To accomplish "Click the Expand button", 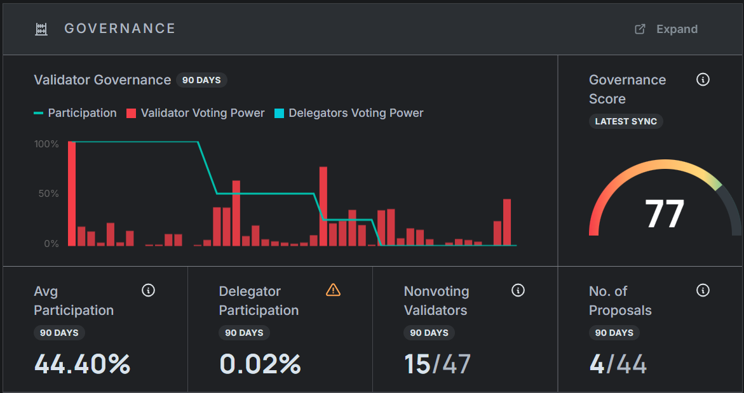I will (667, 29).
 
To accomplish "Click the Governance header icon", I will (41, 29).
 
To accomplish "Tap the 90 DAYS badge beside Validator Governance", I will (201, 80).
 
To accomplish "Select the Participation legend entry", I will (75, 113).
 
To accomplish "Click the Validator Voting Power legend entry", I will (195, 113).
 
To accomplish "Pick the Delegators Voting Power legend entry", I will (349, 113).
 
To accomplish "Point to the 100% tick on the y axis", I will (46, 144).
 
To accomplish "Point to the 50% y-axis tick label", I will (49, 194).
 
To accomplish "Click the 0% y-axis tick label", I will (51, 244).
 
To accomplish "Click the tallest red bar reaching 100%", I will (72, 193).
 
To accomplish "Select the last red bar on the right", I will (507, 222).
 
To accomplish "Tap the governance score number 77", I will (665, 214).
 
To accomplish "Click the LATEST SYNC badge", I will (626, 121).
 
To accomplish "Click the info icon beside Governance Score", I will (703, 80).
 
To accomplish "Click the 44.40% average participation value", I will (82, 364).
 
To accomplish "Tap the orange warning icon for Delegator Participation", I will (333, 290).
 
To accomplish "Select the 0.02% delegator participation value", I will (260, 364).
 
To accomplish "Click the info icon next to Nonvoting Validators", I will (518, 290).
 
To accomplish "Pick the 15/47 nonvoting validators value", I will (438, 364).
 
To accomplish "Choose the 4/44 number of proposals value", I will (618, 364).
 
